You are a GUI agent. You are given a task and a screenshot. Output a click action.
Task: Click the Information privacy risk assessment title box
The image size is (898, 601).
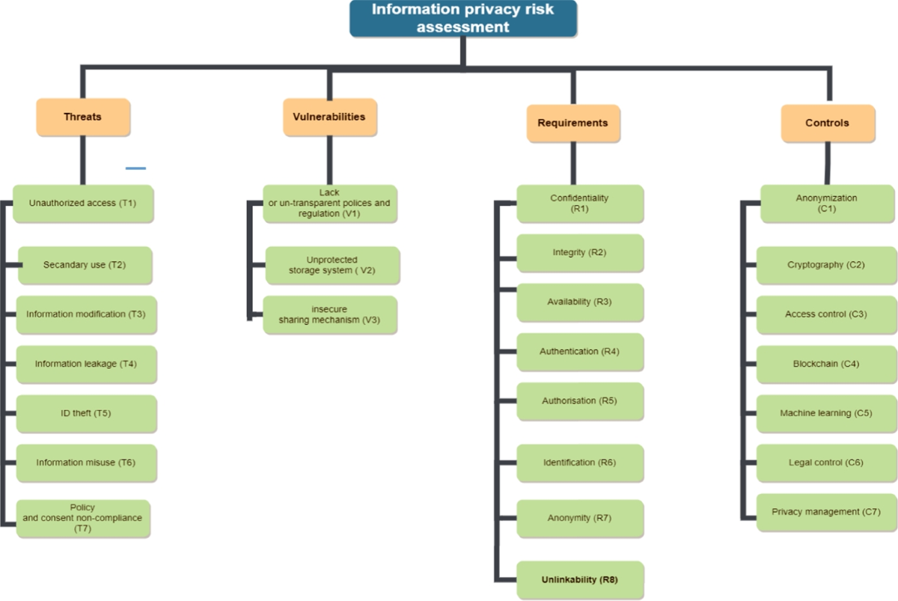click(x=463, y=19)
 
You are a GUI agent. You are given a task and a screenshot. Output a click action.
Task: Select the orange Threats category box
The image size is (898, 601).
click(x=83, y=117)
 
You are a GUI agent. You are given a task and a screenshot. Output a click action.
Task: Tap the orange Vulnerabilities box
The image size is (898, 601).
click(x=329, y=117)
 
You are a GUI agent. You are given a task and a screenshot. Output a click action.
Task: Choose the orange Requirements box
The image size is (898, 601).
click(x=573, y=123)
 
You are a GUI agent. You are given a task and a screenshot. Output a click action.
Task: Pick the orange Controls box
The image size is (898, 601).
click(x=828, y=123)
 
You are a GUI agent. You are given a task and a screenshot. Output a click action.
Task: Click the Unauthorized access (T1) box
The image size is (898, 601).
click(x=83, y=204)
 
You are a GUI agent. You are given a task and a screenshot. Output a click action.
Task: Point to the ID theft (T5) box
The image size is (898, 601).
click(x=86, y=413)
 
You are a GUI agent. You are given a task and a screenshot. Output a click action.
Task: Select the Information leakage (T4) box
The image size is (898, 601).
click(x=86, y=364)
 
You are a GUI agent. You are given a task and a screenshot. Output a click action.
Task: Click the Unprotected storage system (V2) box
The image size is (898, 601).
click(x=332, y=265)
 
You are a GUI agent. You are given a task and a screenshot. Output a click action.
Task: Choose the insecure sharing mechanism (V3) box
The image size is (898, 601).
click(x=330, y=314)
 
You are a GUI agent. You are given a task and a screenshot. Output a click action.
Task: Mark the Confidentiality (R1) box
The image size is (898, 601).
click(x=580, y=204)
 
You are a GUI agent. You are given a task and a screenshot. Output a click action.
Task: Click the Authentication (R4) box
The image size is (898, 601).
click(x=580, y=352)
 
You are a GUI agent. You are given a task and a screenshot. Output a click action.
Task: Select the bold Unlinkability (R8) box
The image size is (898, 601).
click(x=580, y=580)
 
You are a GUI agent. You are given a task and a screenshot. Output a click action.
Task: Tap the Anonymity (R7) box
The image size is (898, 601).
click(x=580, y=518)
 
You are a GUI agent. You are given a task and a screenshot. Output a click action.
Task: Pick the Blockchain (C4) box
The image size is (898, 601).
click(x=826, y=364)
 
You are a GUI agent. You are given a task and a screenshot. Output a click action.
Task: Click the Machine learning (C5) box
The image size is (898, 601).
click(x=826, y=413)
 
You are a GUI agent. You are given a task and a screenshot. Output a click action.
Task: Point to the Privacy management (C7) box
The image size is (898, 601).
click(x=826, y=512)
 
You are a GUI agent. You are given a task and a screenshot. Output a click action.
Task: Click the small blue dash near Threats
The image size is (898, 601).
click(x=135, y=168)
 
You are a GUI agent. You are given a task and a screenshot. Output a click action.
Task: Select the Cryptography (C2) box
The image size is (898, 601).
click(x=826, y=265)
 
